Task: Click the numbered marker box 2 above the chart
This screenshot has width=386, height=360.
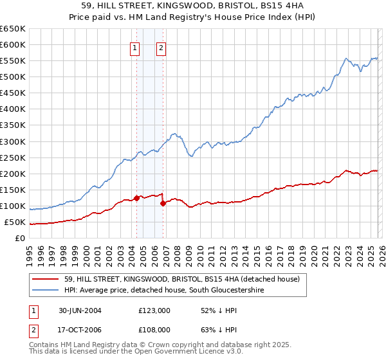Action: [x=161, y=47]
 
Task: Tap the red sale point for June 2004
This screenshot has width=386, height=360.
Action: [x=136, y=198]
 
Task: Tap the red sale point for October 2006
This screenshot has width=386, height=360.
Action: [x=163, y=203]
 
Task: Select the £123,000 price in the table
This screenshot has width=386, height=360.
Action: [x=154, y=310]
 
